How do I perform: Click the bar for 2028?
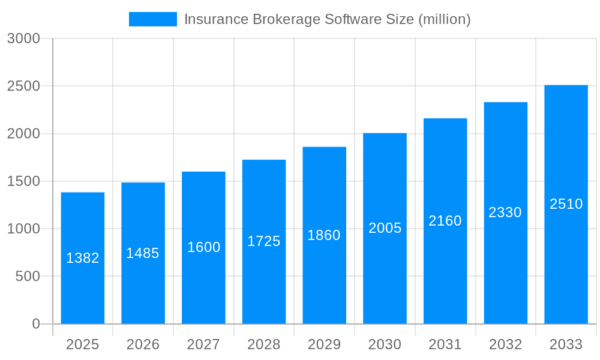click(264, 282)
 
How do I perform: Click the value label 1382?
click(83, 258)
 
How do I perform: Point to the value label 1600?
click(204, 247)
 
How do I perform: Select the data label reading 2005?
click(385, 228)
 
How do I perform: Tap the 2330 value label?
click(505, 212)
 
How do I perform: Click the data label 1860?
click(324, 235)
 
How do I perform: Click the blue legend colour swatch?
click(153, 19)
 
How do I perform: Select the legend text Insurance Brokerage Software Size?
click(327, 19)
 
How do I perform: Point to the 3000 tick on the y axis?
click(23, 38)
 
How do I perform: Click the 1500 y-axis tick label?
click(23, 181)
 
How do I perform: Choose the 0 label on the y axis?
click(35, 324)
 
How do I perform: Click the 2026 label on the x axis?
click(143, 344)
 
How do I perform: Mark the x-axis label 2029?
click(324, 344)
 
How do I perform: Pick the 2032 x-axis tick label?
click(505, 344)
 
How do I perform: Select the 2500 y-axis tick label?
click(23, 86)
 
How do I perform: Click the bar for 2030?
click(385, 276)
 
